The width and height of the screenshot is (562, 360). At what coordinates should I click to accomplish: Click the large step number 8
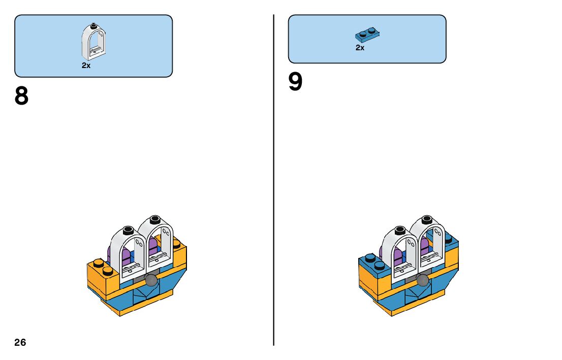[x=21, y=96]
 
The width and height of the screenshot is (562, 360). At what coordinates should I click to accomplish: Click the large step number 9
[x=295, y=82]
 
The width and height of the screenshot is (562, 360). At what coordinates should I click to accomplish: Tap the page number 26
[x=20, y=343]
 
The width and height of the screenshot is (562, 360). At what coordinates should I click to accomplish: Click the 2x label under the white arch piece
[x=86, y=66]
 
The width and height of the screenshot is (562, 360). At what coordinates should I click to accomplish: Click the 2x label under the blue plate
[x=360, y=48]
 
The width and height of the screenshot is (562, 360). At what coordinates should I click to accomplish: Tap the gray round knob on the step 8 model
[x=151, y=280]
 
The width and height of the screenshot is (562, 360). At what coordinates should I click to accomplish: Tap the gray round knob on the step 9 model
[x=423, y=280]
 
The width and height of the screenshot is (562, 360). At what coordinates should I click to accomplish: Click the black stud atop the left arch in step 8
[x=127, y=230]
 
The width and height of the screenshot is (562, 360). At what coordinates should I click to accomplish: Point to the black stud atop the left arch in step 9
[x=399, y=230]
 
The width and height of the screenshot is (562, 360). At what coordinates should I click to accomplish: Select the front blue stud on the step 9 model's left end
[x=379, y=266]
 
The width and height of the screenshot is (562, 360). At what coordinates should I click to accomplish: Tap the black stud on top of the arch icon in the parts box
[x=93, y=25]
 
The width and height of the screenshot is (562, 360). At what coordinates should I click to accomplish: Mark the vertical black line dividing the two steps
[x=274, y=178]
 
